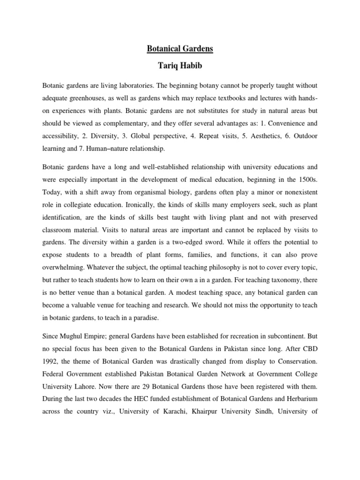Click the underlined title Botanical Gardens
[x=180, y=48]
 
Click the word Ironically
[x=136, y=205]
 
